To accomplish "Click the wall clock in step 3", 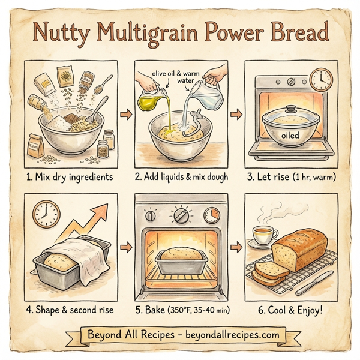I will [x=322, y=78].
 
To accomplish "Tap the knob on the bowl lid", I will [x=290, y=110].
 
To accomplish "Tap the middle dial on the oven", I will [x=180, y=214].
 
